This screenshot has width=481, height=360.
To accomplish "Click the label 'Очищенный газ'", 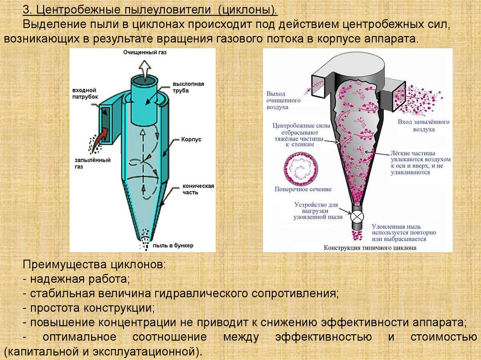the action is pyautogui.click(x=145, y=53).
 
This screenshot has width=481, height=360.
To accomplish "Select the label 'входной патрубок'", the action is pyautogui.click(x=85, y=92).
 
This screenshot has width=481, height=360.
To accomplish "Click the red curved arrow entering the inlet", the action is pyautogui.click(x=101, y=135).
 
